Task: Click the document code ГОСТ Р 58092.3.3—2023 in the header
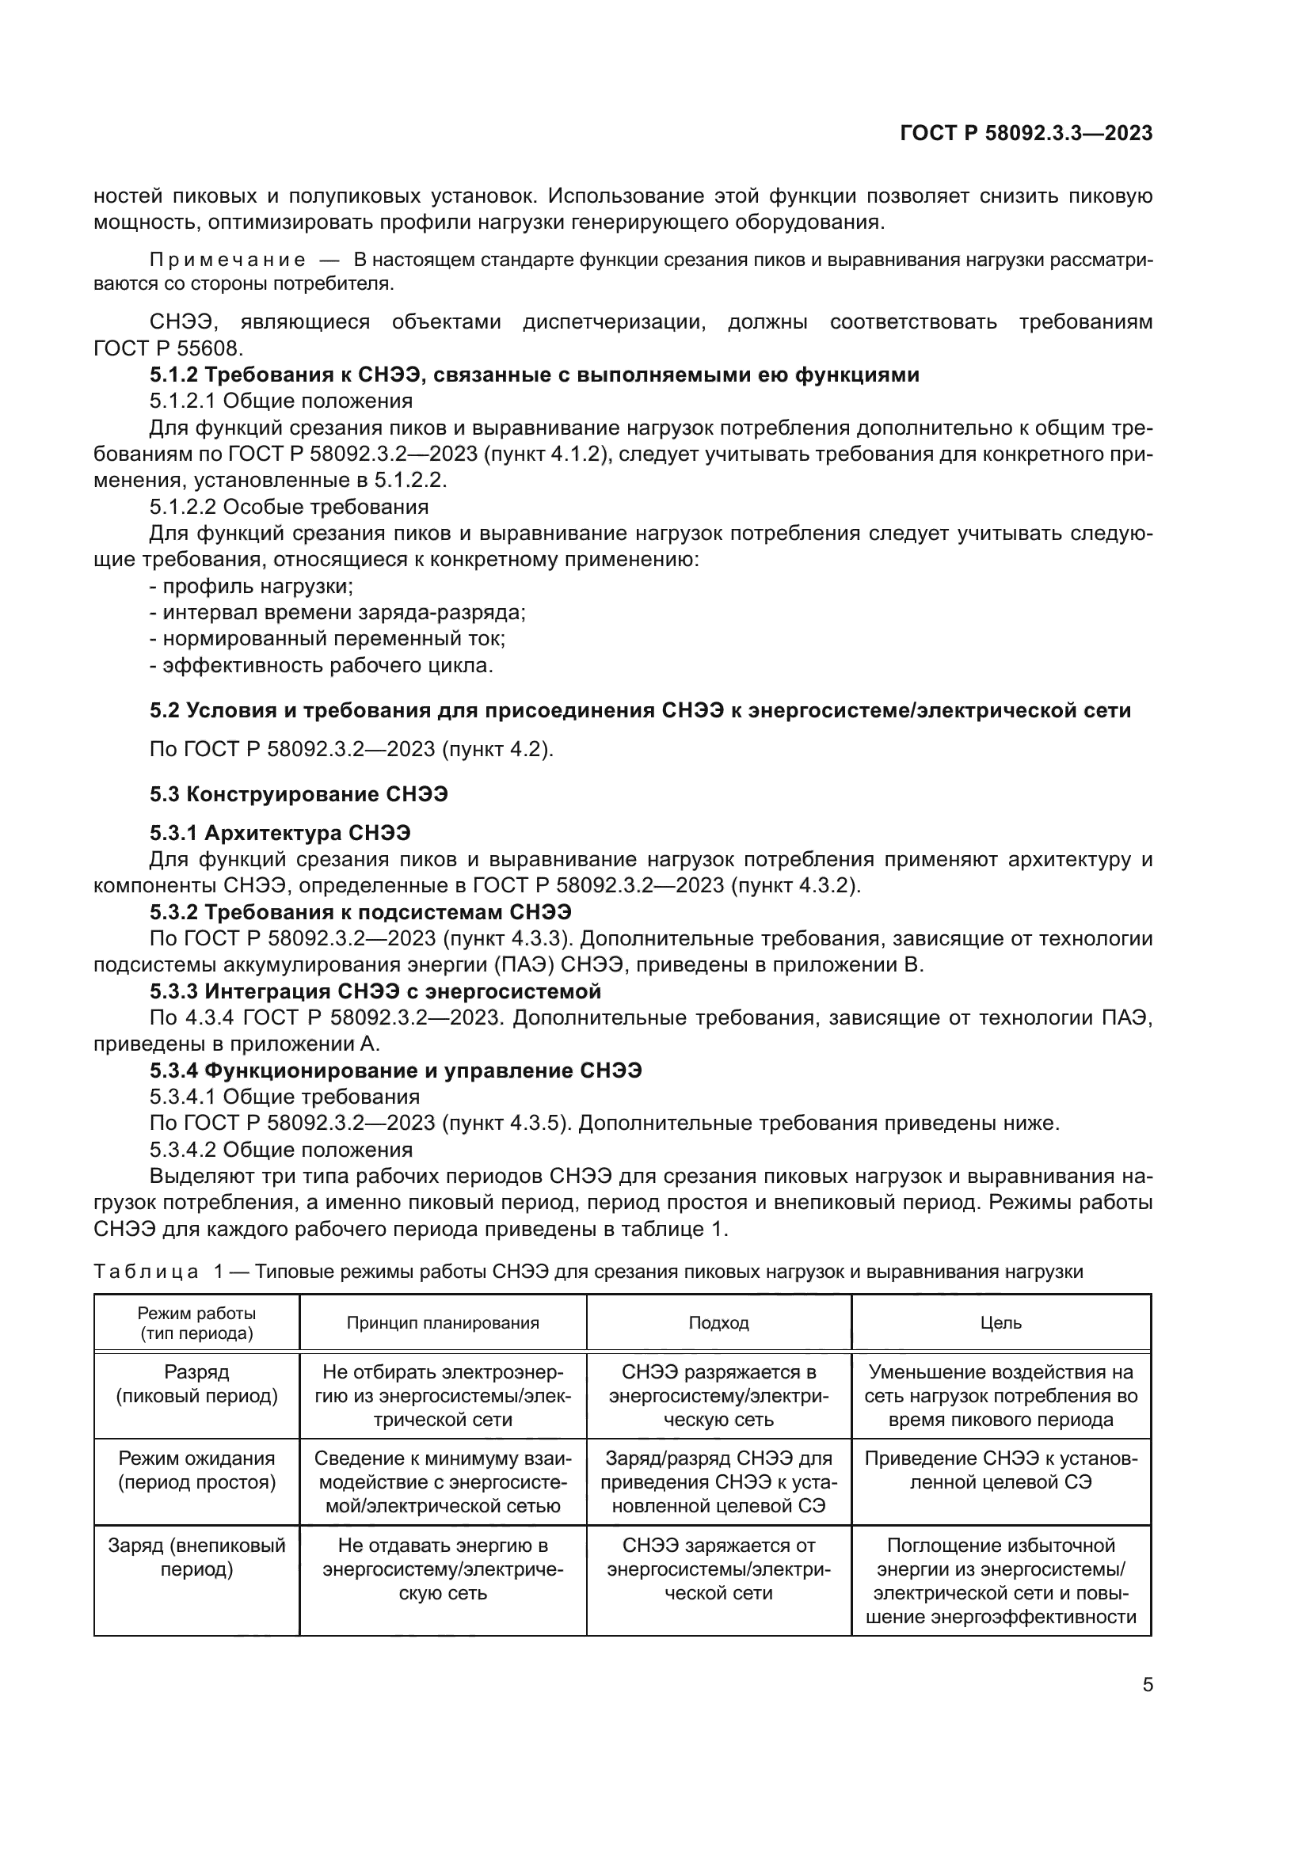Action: pyautogui.click(x=1025, y=134)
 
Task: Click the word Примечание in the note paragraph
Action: pyautogui.click(x=227, y=260)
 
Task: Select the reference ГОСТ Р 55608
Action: pyautogui.click(x=168, y=348)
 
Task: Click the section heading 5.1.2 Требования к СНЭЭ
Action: pyautogui.click(x=534, y=375)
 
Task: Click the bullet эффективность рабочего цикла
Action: pyautogui.click(x=321, y=665)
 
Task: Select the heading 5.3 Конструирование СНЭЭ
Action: pyautogui.click(x=299, y=794)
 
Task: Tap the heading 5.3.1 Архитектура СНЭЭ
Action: pyautogui.click(x=280, y=832)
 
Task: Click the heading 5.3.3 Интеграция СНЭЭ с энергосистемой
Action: pyautogui.click(x=375, y=991)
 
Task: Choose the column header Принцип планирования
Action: pyautogui.click(x=443, y=1323)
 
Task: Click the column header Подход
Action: pyautogui.click(x=718, y=1323)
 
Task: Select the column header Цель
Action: pyautogui.click(x=1001, y=1323)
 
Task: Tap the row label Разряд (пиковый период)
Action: pyautogui.click(x=197, y=1384)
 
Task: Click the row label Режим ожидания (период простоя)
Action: pyautogui.click(x=197, y=1470)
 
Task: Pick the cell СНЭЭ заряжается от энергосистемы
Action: pyautogui.click(x=718, y=1569)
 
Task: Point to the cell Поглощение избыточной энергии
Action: pyautogui.click(x=1001, y=1581)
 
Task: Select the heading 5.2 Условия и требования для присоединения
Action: pyautogui.click(x=640, y=710)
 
